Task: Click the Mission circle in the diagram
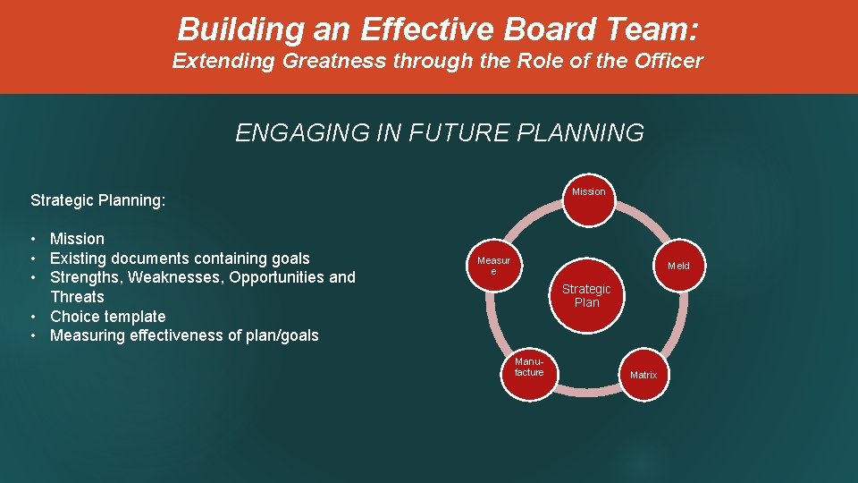pos(588,191)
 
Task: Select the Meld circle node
pos(678,266)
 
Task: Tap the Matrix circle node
pos(643,374)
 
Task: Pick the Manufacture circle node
pos(529,368)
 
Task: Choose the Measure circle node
pos(493,266)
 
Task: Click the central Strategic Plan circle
pos(586,295)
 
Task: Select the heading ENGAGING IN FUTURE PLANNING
pos(439,133)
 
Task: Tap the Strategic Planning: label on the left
pos(97,200)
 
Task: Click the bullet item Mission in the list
pos(77,239)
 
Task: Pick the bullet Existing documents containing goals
pos(180,258)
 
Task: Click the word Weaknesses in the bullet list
pos(176,277)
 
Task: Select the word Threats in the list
pos(77,297)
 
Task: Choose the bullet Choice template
pos(107,317)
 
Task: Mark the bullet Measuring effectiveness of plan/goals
pos(184,335)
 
